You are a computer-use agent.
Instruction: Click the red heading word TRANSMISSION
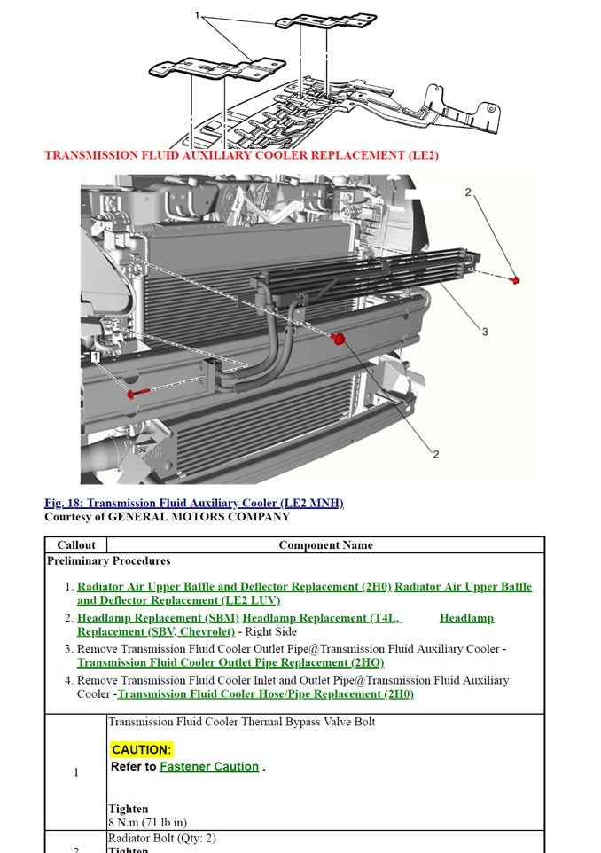click(x=90, y=155)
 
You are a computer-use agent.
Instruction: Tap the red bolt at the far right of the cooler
click(x=515, y=280)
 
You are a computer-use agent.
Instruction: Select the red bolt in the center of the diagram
click(x=338, y=339)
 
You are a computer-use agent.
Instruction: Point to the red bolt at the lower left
click(x=132, y=394)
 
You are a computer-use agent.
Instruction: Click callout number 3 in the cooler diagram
click(x=485, y=332)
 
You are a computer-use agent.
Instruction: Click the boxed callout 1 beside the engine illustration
click(x=95, y=357)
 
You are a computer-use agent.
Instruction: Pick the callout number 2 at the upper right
click(x=468, y=192)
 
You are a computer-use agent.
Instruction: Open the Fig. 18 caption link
click(x=193, y=503)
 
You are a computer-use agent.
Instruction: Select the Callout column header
click(x=75, y=545)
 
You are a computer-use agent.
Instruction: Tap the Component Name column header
click(x=325, y=545)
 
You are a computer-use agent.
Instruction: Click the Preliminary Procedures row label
click(x=108, y=560)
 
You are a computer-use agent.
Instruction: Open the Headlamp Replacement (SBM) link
click(x=158, y=618)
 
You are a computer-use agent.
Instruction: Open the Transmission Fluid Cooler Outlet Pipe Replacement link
click(x=230, y=662)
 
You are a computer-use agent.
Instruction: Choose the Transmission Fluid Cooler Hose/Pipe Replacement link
click(x=265, y=694)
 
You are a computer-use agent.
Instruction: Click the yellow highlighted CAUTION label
click(x=142, y=750)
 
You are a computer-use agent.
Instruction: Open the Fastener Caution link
click(x=209, y=767)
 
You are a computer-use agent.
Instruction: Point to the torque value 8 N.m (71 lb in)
click(x=147, y=822)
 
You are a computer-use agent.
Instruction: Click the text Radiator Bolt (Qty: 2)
click(x=161, y=838)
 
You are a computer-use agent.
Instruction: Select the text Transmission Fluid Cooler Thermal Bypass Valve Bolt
click(x=241, y=722)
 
